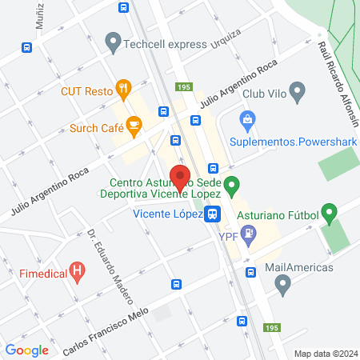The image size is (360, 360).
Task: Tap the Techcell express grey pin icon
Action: point(113,39)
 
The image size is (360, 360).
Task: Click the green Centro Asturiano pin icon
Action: point(231,186)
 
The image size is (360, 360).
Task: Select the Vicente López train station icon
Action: point(212,214)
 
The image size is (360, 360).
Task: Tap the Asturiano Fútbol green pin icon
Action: point(329,214)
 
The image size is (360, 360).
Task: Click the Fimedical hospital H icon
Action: point(77,270)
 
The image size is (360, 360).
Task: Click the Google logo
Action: point(27,350)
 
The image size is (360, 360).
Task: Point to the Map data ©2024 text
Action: point(325,354)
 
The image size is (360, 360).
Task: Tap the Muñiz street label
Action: point(39,15)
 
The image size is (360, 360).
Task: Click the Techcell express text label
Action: point(166,45)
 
